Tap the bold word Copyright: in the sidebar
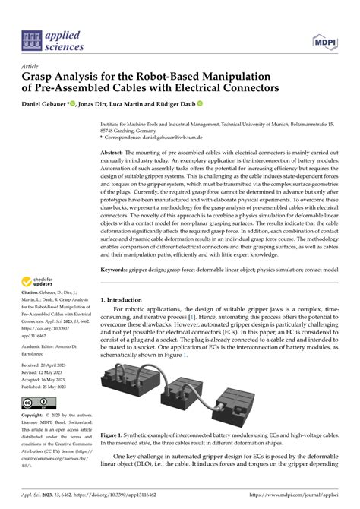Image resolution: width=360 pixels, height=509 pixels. pos(35,416)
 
